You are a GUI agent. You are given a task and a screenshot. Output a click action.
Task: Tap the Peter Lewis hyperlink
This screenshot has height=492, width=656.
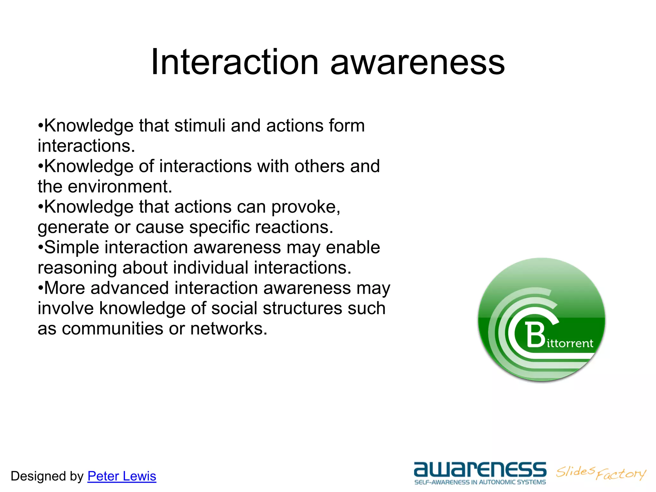pos(122,476)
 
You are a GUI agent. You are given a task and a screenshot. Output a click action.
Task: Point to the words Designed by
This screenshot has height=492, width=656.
pos(47,476)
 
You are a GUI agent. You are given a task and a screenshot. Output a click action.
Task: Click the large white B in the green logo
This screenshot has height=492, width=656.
pos(536,335)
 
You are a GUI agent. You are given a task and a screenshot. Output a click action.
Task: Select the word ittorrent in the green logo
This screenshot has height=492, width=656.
pos(570,343)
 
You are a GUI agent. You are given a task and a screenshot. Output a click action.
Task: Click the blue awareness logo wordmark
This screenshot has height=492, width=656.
pos(480,469)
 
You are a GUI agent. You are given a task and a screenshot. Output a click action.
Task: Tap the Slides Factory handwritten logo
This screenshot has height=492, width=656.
pos(601,473)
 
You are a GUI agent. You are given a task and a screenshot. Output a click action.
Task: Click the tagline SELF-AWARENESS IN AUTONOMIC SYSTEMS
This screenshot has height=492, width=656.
pos(480,482)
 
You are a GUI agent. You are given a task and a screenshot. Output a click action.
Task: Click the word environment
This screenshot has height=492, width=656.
pos(120,186)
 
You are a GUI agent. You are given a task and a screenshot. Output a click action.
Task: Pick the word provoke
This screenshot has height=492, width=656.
pos(306,207)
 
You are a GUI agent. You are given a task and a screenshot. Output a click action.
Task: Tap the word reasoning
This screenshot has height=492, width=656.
pos(77,268)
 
